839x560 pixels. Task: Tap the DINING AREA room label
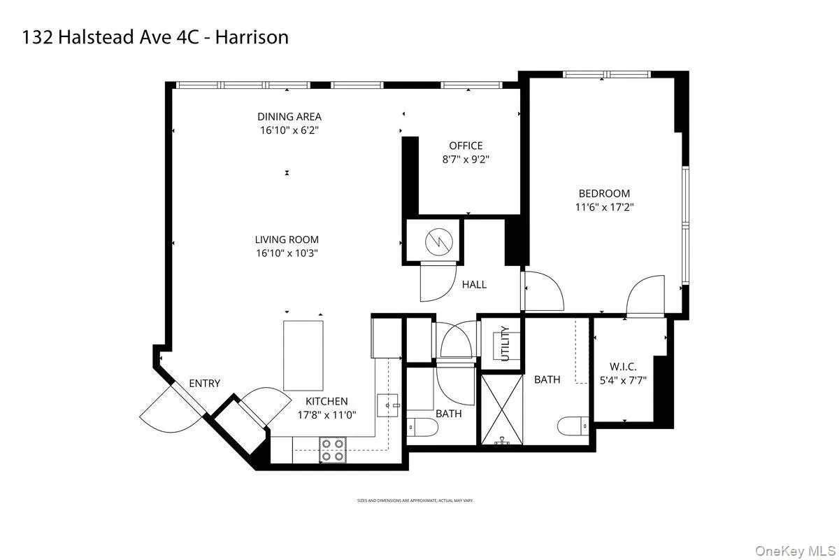289,117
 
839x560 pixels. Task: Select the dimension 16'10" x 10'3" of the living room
287,253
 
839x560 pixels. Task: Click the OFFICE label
466,146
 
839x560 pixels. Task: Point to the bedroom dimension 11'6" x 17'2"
604,206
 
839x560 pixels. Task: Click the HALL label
474,284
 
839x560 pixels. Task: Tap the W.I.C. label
622,366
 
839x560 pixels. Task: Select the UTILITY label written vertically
505,344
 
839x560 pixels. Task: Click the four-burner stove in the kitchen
332,449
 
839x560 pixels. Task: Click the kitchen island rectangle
303,355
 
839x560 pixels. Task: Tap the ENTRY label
204,383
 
